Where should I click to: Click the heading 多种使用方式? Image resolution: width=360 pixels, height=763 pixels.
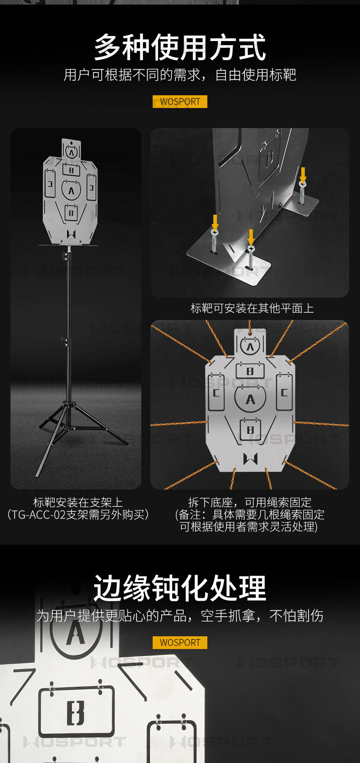tap(180, 47)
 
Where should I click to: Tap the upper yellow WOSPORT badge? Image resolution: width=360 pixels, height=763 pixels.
tap(180, 102)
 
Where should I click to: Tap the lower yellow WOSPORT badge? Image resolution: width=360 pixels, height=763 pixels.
tap(180, 642)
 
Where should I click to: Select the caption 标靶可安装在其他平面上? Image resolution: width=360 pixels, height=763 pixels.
tap(252, 308)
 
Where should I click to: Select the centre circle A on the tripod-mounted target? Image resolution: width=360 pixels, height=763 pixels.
tap(71, 190)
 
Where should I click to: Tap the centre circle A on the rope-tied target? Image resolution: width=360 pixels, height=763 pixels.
tap(250, 399)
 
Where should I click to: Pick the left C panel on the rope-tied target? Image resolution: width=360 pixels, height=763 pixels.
tap(216, 392)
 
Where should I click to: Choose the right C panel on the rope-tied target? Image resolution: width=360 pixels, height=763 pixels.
tap(284, 392)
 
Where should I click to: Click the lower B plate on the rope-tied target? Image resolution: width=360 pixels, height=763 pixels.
tap(251, 430)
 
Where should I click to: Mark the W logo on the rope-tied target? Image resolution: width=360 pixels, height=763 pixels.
tap(250, 459)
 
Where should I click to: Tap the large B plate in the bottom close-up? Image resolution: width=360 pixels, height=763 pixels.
tap(76, 711)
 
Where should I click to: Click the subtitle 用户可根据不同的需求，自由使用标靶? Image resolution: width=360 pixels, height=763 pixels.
tap(180, 75)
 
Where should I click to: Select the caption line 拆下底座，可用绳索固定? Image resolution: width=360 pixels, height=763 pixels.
tap(250, 502)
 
